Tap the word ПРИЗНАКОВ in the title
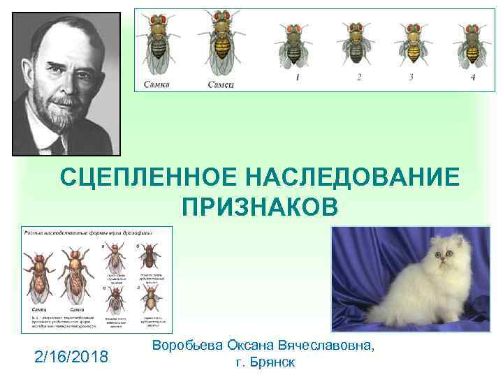click(x=260, y=207)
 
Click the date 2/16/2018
click(x=71, y=357)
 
